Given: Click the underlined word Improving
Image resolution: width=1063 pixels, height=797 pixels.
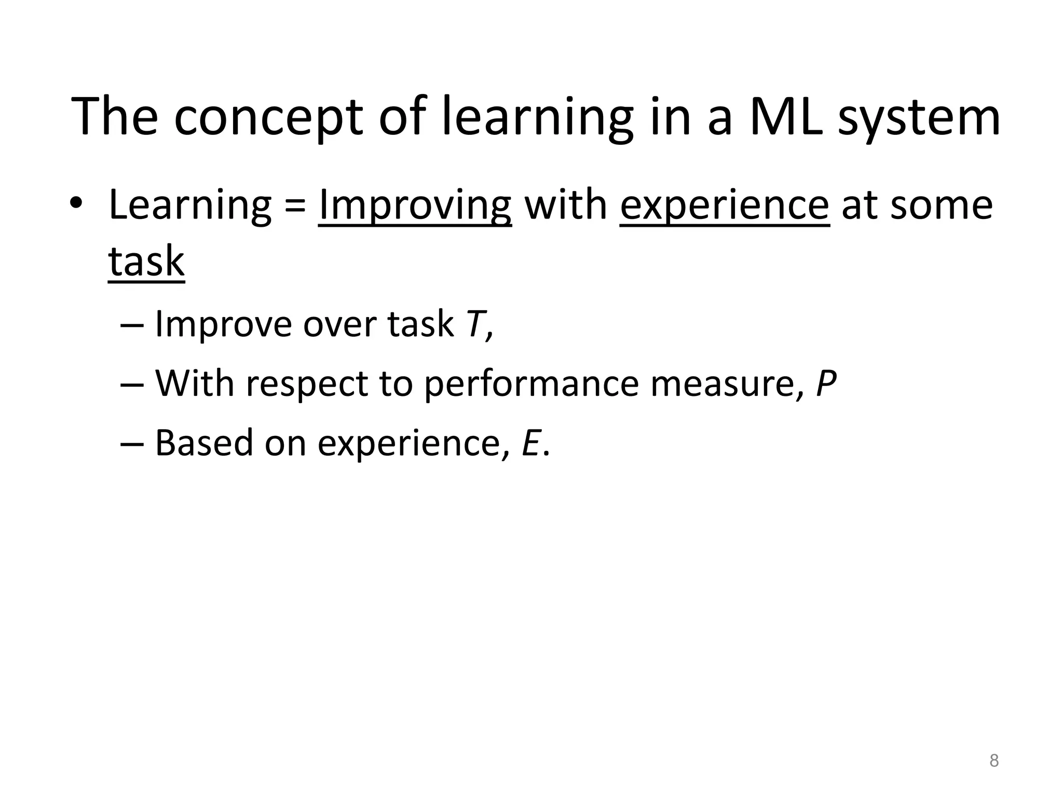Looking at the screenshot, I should point(415,205).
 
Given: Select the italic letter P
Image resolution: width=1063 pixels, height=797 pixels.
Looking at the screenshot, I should point(825,384).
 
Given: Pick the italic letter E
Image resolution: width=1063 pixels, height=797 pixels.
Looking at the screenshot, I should point(531,443).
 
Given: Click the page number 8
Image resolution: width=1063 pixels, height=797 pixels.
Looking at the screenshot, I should point(993,761).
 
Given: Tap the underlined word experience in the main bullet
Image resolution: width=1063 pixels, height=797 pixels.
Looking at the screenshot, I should point(725,205).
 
